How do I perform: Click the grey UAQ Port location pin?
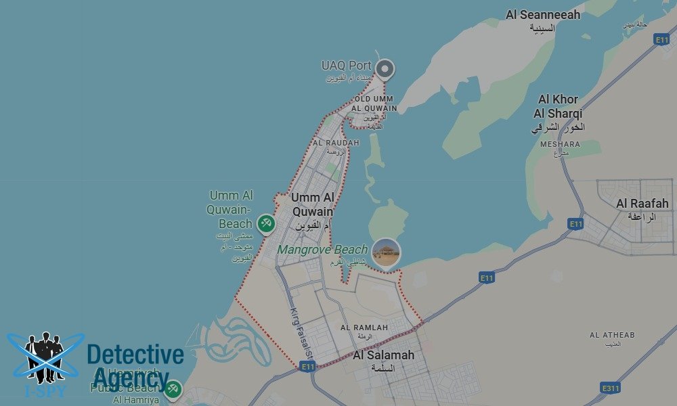[385, 68]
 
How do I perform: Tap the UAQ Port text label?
[347, 66]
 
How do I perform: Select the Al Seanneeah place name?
[543, 15]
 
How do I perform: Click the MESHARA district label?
[560, 144]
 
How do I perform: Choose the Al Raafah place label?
[642, 203]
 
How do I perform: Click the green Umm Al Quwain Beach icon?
[265, 223]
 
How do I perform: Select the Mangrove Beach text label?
[322, 250]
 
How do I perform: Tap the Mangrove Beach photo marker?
[387, 252]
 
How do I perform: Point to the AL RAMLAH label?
[364, 328]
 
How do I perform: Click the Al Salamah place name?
[383, 355]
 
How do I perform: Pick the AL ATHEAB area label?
[612, 335]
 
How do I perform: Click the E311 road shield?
[611, 388]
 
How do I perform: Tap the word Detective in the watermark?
[135, 355]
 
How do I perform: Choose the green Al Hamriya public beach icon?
[173, 388]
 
